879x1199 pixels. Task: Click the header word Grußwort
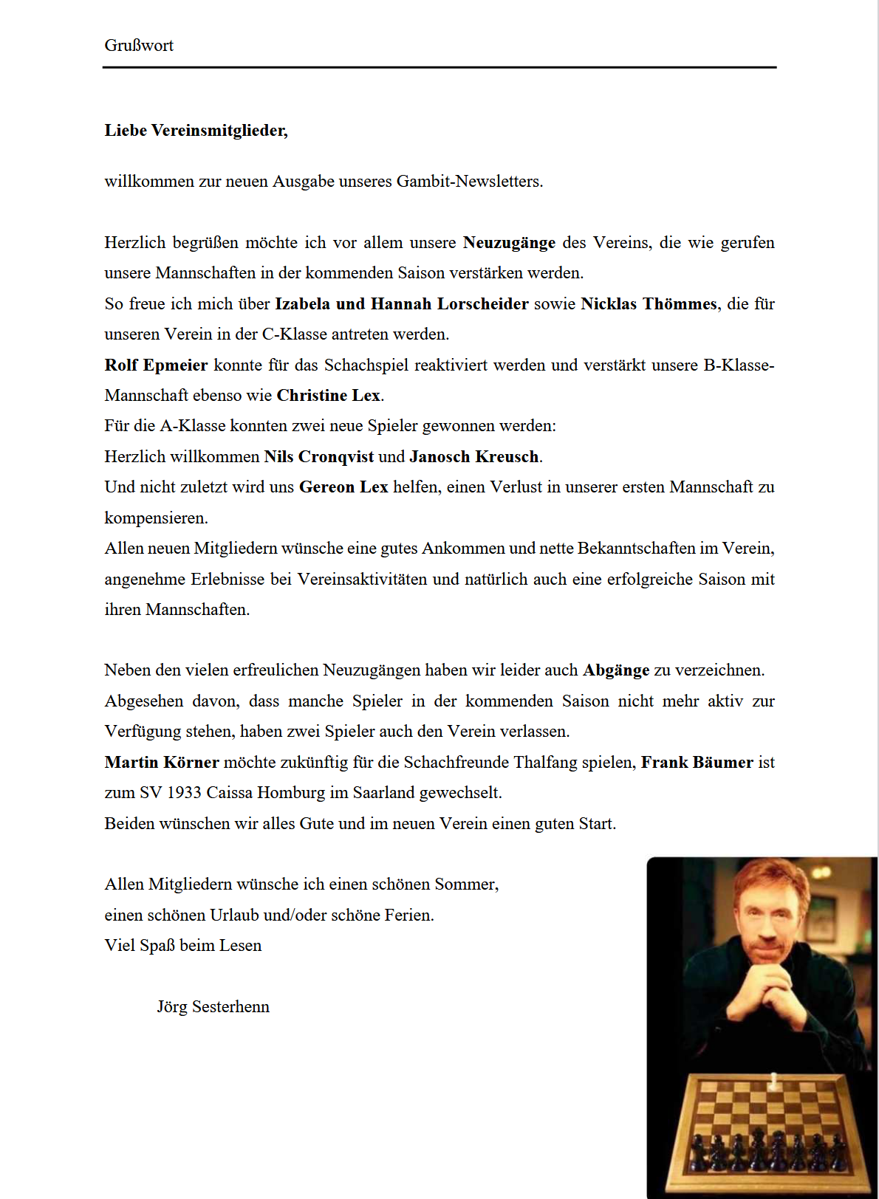pos(139,46)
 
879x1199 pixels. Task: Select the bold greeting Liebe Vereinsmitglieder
pos(196,131)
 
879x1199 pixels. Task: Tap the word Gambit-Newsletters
pos(469,182)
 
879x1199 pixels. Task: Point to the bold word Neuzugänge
pos(509,243)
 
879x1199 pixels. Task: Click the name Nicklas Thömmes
pos(649,304)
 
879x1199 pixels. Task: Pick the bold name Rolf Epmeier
pos(156,365)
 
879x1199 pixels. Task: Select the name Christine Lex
pos(329,396)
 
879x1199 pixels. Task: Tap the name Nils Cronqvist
pos(319,457)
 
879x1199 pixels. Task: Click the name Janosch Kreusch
pos(474,457)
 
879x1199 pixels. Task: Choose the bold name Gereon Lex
pos(343,487)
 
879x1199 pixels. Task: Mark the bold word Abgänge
pos(616,670)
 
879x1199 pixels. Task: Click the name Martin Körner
pos(162,763)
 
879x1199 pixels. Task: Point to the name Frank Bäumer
pos(697,763)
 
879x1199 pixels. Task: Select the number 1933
pos(184,793)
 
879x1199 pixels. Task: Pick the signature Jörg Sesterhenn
pos(213,1007)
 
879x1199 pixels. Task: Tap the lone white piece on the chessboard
pos(773,1082)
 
